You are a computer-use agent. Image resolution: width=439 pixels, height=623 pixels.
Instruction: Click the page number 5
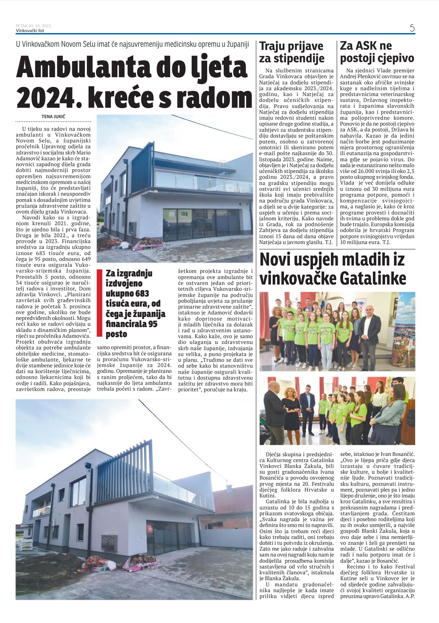coord(412,28)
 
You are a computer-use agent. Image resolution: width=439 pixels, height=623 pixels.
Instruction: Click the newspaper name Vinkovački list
coord(30,31)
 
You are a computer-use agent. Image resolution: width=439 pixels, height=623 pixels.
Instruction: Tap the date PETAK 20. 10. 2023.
coord(34,26)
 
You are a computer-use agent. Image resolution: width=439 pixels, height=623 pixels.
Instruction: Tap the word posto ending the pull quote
coord(116,334)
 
